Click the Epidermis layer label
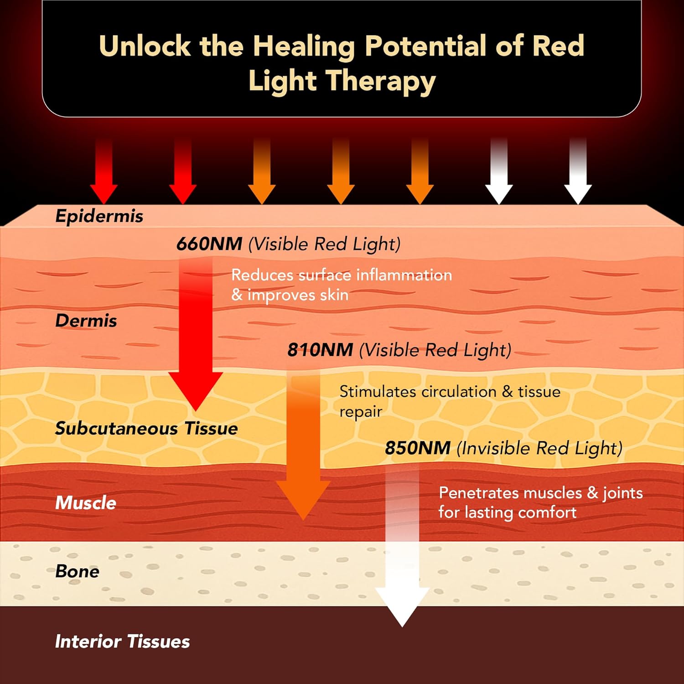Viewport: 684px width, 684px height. [99, 216]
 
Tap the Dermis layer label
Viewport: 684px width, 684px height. [86, 321]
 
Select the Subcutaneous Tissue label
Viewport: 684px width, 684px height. [146, 428]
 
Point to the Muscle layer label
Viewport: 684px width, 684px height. [86, 503]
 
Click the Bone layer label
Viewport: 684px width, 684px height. [77, 571]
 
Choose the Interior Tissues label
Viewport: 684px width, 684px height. [122, 641]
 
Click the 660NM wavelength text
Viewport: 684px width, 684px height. [209, 244]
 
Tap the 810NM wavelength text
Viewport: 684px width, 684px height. [320, 350]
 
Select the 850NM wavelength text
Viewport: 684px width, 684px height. [418, 448]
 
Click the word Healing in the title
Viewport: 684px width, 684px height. [304, 46]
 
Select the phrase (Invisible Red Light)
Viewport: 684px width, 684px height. [539, 448]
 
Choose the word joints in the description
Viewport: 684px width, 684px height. [622, 493]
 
